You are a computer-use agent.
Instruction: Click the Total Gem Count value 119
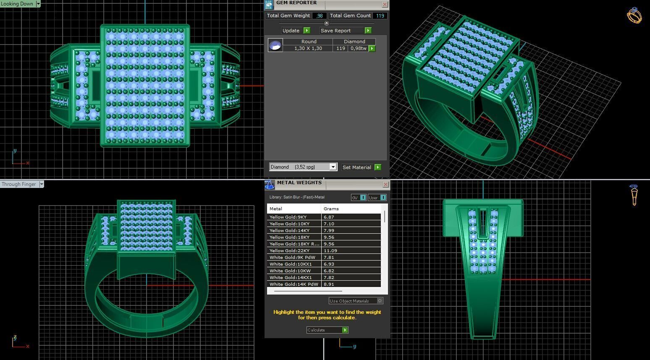click(x=380, y=16)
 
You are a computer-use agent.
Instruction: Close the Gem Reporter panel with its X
click(x=385, y=4)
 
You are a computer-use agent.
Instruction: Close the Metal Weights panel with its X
click(x=385, y=184)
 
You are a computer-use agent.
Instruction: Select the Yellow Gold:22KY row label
click(x=290, y=250)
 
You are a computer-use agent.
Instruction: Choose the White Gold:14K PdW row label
click(x=294, y=284)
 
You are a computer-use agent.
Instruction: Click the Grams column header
click(x=331, y=209)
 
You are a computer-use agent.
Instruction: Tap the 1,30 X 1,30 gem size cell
click(x=308, y=48)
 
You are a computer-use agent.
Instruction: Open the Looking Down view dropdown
click(x=38, y=4)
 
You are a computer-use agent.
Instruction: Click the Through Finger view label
click(x=19, y=184)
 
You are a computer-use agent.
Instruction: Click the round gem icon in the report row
click(x=275, y=45)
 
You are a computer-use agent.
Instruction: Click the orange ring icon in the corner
click(x=634, y=16)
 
